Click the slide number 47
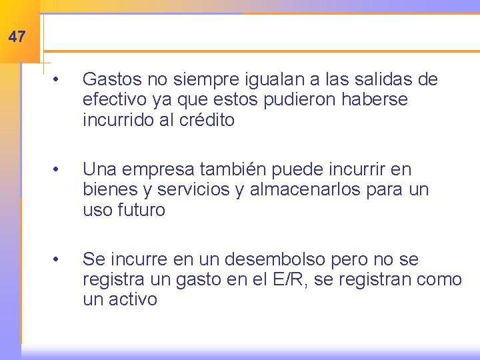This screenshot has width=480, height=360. pyautogui.click(x=17, y=37)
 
